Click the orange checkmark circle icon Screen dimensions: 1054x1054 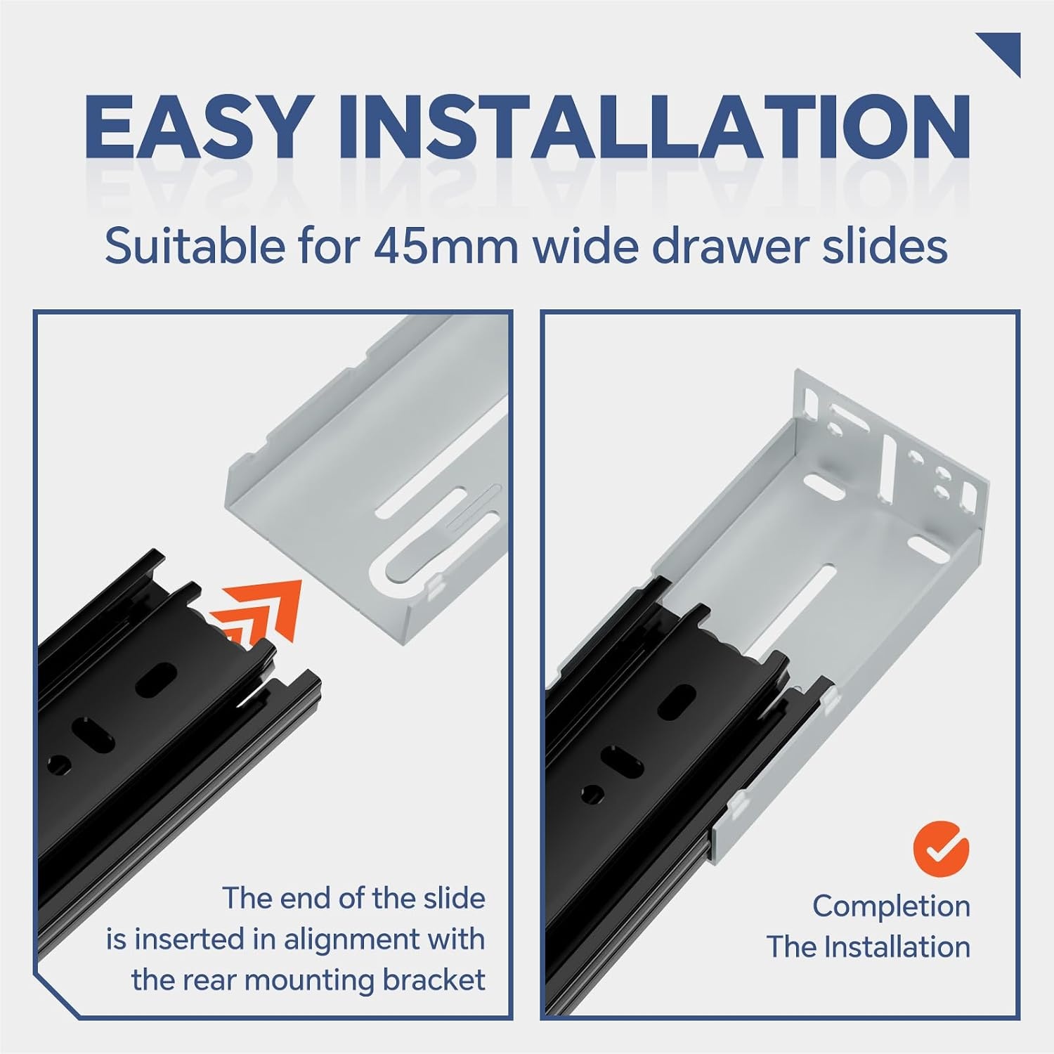(x=941, y=848)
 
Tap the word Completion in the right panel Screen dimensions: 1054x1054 (x=891, y=906)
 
